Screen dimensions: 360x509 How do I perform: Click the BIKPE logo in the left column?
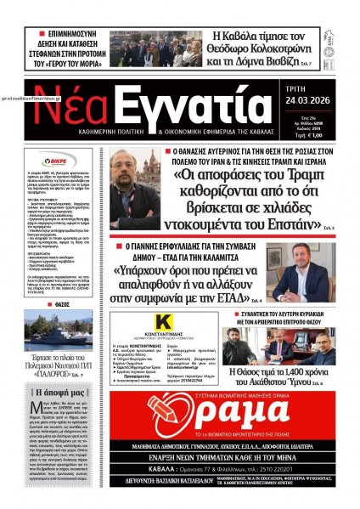[56, 158]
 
